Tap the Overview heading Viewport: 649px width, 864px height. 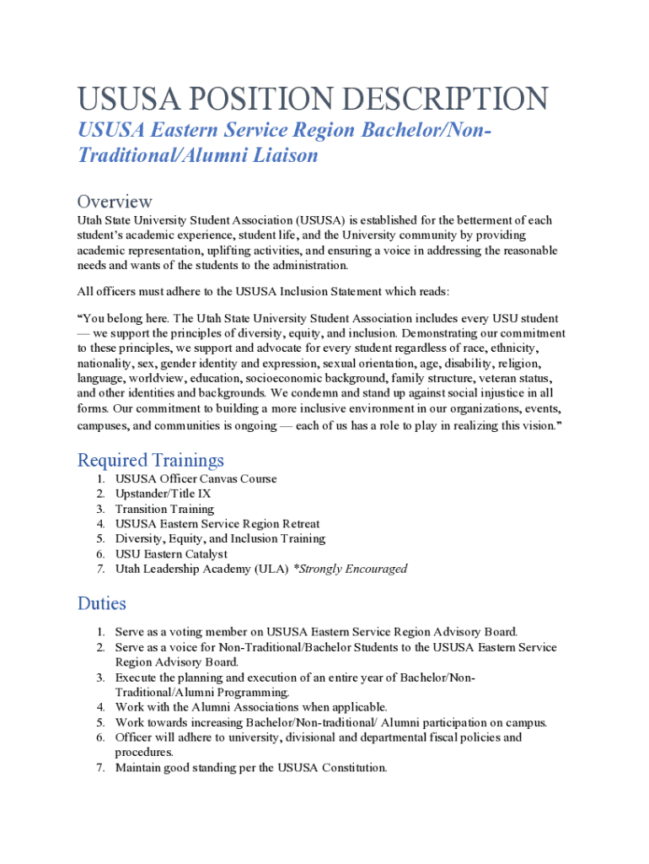[115, 202]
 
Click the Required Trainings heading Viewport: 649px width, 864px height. [151, 460]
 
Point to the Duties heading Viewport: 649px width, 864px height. [102, 603]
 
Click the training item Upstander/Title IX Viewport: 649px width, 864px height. [164, 494]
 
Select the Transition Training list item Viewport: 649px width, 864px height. [164, 509]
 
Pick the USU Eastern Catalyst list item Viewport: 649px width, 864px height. [171, 553]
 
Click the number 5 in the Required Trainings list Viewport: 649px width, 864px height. [99, 538]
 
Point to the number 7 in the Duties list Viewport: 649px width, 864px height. [99, 768]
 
